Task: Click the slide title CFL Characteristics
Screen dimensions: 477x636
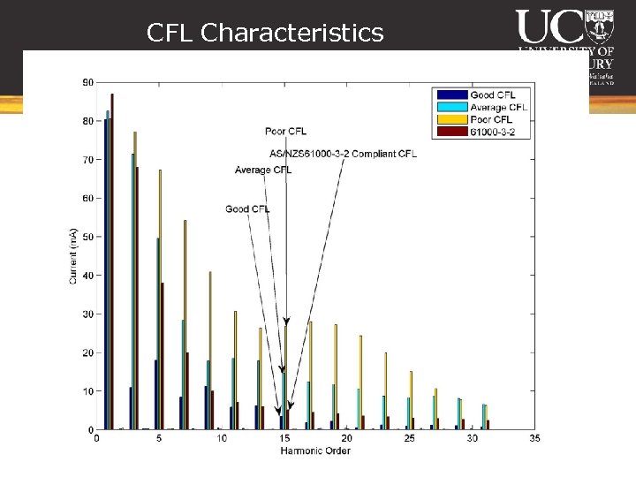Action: click(265, 34)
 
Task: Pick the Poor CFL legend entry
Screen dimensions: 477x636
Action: click(491, 119)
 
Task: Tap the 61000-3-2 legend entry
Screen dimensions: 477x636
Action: click(493, 132)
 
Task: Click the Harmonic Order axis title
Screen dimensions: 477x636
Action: click(315, 451)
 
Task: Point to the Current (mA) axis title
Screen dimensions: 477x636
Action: click(73, 256)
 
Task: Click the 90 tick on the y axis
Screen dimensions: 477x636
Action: click(88, 82)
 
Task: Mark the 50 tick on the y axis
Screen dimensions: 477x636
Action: click(88, 237)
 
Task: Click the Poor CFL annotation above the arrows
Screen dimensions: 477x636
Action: click(286, 132)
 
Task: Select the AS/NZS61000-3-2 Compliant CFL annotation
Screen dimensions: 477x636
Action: click(342, 154)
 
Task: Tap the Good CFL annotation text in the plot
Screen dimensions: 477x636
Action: click(247, 209)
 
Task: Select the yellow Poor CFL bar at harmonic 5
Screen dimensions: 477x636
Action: click(160, 299)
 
